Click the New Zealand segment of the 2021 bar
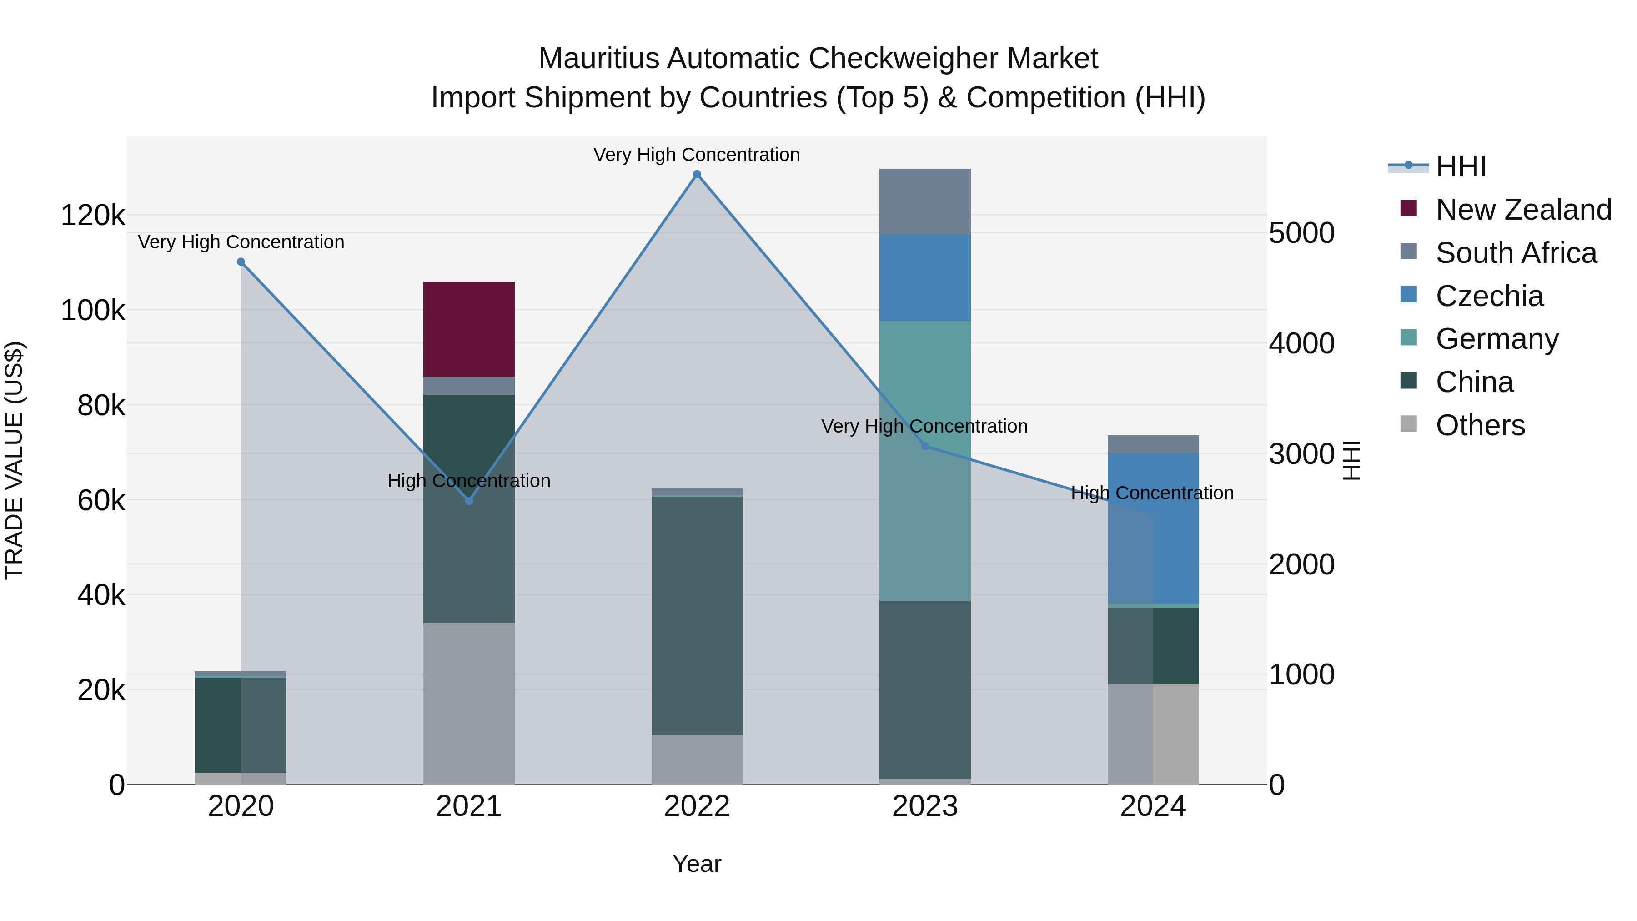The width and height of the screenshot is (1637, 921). [469, 329]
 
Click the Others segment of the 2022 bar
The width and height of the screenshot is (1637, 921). [697, 759]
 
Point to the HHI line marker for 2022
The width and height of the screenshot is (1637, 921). [697, 174]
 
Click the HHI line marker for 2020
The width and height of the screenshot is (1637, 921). [241, 262]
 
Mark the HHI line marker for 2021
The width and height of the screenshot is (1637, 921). [469, 501]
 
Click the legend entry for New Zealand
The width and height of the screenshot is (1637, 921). [1523, 210]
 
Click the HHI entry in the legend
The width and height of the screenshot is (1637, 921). [1460, 166]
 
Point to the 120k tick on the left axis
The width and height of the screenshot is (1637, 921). [93, 216]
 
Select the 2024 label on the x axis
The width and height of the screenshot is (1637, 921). [1153, 806]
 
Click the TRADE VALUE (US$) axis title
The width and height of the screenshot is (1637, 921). [14, 460]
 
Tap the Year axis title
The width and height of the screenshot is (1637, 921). [697, 864]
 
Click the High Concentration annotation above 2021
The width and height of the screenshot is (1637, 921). [469, 481]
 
